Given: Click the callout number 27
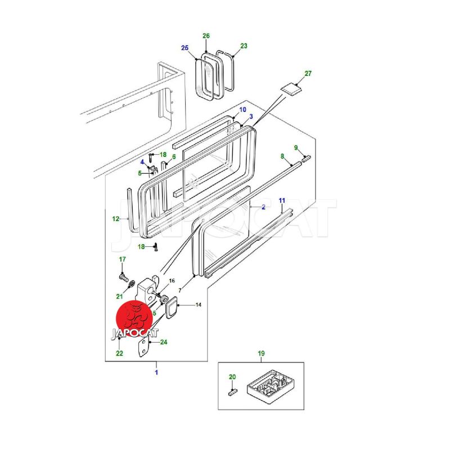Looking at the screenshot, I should coord(308,74).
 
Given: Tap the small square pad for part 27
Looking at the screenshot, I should coord(291,87).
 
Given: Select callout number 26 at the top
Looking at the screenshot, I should coord(206,36).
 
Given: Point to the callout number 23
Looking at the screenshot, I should coord(244,46).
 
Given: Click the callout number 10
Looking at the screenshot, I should coord(243,110).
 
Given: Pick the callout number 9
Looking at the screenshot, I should coord(296,148).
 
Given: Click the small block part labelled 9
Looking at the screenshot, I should coord(306,159).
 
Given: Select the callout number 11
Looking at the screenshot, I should coord(282,201).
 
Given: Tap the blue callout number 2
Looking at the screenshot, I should coord(263,207).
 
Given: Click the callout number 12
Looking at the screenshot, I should coord(116,219).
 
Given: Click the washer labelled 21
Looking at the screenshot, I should coord(130,286).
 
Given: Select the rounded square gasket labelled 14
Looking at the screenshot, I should coord(169,307).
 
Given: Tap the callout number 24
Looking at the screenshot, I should coord(164,342).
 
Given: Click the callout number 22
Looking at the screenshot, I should coord(119,353).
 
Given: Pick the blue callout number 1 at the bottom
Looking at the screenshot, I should coord(156,372).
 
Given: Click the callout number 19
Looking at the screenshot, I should coord(261,353).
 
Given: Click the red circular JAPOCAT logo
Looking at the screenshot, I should coord(134,318).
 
